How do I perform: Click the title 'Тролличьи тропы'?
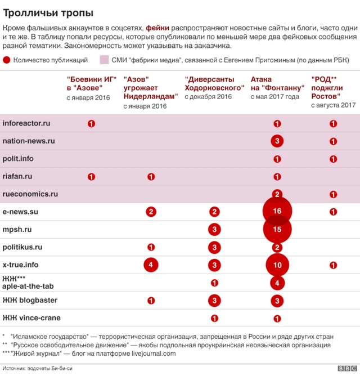[x=48, y=12]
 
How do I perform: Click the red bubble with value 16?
[x=277, y=212]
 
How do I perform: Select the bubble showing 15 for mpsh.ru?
[x=277, y=230]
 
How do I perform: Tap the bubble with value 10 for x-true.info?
[x=277, y=265]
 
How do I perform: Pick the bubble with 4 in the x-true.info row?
[x=151, y=265]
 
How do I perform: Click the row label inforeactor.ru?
[x=26, y=123]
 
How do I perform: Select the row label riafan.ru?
[x=17, y=176]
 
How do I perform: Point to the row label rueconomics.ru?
[x=30, y=194]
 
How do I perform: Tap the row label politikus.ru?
[x=22, y=247]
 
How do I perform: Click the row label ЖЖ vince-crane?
[x=31, y=318]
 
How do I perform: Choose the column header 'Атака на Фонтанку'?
[x=277, y=84]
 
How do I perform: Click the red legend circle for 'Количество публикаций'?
[x=6, y=60]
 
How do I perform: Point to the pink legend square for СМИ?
[x=104, y=60]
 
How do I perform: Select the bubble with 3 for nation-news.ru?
[x=277, y=141]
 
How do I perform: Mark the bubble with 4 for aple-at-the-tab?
[x=277, y=283]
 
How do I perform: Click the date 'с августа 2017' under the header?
[x=333, y=105]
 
